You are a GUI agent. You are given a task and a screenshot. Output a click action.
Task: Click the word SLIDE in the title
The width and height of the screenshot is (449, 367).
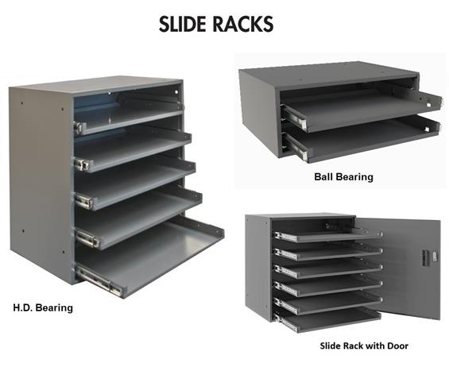click(x=184, y=24)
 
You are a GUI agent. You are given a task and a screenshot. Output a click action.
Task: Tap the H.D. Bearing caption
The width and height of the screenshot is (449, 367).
click(x=43, y=307)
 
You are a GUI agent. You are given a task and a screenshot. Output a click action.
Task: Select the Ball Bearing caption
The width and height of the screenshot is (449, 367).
click(x=343, y=176)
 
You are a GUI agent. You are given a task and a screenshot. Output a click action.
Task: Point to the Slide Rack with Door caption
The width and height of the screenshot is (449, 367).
click(x=364, y=346)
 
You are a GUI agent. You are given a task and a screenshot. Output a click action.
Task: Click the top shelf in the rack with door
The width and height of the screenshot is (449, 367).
click(x=328, y=235)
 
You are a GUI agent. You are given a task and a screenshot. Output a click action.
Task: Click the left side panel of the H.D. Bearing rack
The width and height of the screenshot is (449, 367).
click(x=40, y=183)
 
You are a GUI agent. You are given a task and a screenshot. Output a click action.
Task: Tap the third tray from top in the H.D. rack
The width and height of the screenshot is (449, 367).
click(x=134, y=184)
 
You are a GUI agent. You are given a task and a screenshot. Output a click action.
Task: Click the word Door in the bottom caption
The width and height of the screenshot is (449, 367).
click(x=398, y=346)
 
